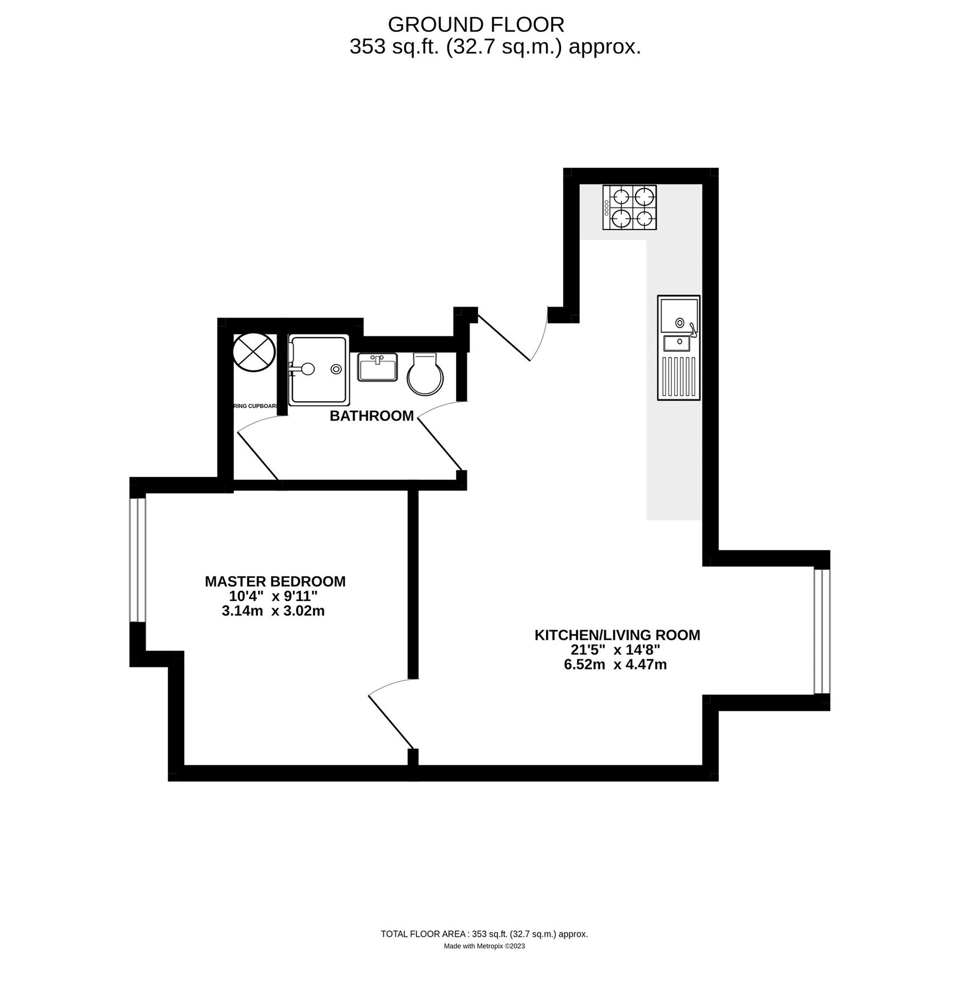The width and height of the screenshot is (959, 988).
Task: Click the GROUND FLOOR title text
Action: click(x=476, y=25)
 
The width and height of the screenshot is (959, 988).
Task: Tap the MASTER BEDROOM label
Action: click(x=275, y=581)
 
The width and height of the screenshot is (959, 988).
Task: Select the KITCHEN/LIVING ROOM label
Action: click(x=617, y=635)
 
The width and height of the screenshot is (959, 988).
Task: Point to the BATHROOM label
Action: click(x=372, y=416)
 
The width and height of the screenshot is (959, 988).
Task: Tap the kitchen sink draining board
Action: click(x=680, y=377)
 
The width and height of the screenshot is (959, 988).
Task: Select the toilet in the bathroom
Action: click(x=425, y=374)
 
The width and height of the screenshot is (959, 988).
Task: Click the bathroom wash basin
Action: click(x=378, y=367)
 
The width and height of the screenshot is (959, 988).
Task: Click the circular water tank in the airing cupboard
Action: click(x=254, y=352)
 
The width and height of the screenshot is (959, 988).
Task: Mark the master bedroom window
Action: click(x=138, y=559)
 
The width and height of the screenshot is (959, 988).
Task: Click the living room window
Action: click(x=822, y=632)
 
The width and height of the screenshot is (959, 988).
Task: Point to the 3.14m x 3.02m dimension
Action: click(x=273, y=611)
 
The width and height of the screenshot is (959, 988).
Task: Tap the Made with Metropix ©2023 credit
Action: click(x=484, y=946)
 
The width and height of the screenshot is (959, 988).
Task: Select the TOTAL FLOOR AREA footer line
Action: click(x=484, y=934)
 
